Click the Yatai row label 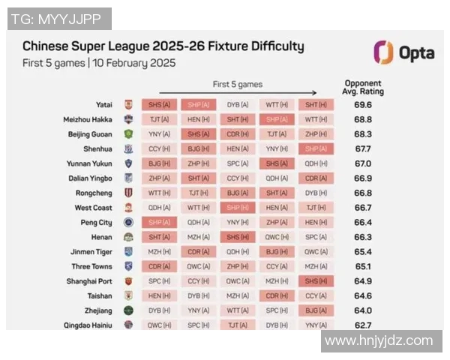104,105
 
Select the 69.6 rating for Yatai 364,105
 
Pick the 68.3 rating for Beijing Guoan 364,134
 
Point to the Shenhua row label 97,149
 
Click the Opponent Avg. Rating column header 364,87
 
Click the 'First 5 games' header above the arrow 237,85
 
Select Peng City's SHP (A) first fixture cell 158,223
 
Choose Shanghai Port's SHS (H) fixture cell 316,281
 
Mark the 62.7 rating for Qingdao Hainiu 364,325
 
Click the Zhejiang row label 99,310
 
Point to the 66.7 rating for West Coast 364,208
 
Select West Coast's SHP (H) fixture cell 237,208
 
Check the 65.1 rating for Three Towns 364,266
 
